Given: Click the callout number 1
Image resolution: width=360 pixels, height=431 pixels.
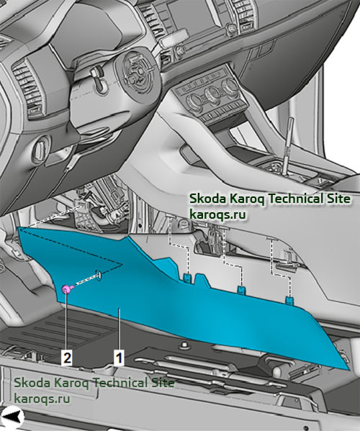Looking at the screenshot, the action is [x=119, y=358].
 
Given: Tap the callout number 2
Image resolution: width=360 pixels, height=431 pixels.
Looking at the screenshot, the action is [x=68, y=358].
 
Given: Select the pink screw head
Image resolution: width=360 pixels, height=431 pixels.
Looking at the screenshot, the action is [x=66, y=289].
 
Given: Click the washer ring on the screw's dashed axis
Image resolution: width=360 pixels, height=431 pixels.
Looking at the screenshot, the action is [x=98, y=275].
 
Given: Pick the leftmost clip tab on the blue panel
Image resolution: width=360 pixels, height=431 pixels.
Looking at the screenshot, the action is [x=187, y=278].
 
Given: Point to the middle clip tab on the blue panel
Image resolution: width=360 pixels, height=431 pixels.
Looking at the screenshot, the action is [x=241, y=290].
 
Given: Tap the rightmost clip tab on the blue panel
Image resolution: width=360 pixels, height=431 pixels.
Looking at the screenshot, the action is [x=289, y=301].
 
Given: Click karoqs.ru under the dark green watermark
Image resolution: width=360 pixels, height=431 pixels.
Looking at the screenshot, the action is [x=217, y=214].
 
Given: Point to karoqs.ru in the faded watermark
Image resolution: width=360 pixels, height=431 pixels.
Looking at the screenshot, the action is [x=42, y=399].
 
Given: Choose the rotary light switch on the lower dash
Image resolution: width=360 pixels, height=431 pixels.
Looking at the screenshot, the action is [x=40, y=148].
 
